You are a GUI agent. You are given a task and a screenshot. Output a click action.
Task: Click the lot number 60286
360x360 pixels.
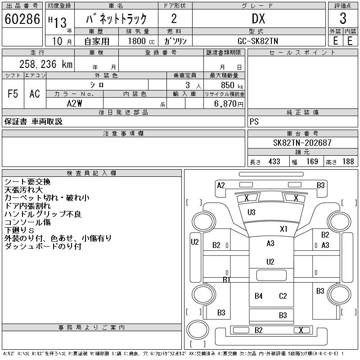click(22, 18)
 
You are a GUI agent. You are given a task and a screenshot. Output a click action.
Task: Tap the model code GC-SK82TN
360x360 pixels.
click(258, 41)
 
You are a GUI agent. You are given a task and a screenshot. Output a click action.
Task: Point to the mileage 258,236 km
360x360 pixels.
click(45, 64)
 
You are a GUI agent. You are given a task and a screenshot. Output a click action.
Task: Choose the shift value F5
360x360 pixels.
click(13, 94)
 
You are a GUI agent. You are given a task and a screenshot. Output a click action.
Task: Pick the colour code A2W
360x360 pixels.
click(74, 103)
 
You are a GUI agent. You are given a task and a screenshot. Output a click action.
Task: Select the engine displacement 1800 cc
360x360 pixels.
click(140, 41)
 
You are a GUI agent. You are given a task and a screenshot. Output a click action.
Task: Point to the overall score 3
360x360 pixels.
click(343, 18)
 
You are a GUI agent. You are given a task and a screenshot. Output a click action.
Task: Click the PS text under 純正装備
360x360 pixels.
click(254, 121)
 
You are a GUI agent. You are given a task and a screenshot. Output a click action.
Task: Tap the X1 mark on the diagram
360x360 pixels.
click(283, 229)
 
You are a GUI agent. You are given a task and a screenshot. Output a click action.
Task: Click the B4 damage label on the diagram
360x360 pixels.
click(258, 296)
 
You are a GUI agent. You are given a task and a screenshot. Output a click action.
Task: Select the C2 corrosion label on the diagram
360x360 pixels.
click(283, 296)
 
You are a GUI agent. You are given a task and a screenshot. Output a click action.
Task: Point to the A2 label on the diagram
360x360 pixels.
click(220, 185)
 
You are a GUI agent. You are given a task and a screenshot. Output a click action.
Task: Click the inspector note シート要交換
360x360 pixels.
click(27, 182)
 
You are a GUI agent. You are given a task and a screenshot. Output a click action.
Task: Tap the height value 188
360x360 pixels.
click(347, 162)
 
